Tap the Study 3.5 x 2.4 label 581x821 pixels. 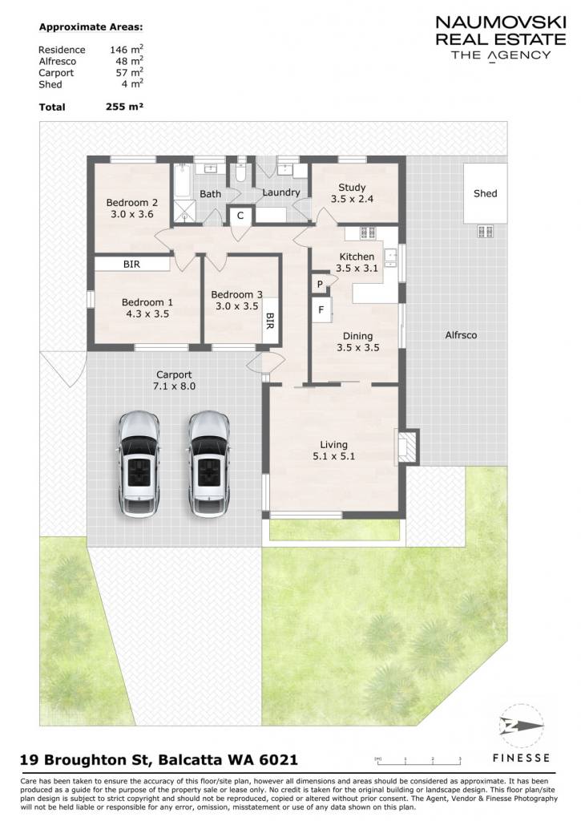coord(352,192)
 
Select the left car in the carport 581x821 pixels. coord(138,464)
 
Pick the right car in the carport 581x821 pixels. coord(209,464)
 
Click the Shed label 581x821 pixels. coord(485,193)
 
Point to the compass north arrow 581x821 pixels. coord(522,726)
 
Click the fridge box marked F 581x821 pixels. coord(321,310)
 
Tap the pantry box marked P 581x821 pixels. coord(320,284)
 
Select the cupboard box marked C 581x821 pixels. coord(240,215)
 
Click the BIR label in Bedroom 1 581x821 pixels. coord(131,265)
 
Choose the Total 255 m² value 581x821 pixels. coord(124,107)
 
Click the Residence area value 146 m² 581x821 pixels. coord(127,49)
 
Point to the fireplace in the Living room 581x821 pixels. coord(406,446)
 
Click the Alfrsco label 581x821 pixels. coord(461,335)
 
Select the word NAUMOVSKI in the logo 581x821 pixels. coord(500,22)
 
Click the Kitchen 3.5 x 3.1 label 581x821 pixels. coord(357,262)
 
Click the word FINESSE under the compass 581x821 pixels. coord(522,758)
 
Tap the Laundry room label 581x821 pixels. coord(281,192)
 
